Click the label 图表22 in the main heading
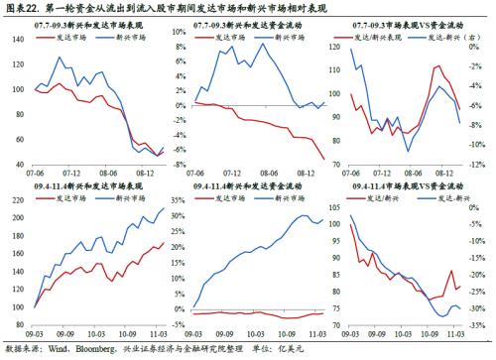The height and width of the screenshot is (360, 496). point(23,9)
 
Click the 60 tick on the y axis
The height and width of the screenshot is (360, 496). point(22,139)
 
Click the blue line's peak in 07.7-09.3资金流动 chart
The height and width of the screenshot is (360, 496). point(262,44)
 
